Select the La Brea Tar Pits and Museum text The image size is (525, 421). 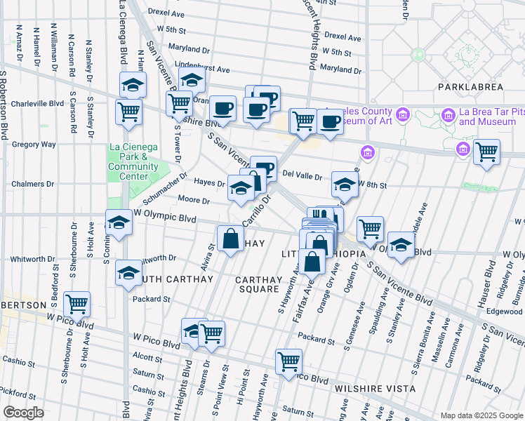pos(487,116)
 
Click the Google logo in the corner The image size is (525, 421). pos(23,413)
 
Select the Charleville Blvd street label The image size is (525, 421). pos(38,103)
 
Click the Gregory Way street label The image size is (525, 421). pos(34,145)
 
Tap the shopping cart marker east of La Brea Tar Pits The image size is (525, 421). pos(486,152)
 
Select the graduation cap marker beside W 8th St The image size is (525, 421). pos(344,185)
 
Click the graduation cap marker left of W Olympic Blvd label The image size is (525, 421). pos(119,224)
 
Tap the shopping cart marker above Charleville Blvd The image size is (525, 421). pos(129,112)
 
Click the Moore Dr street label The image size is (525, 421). pos(194,201)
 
